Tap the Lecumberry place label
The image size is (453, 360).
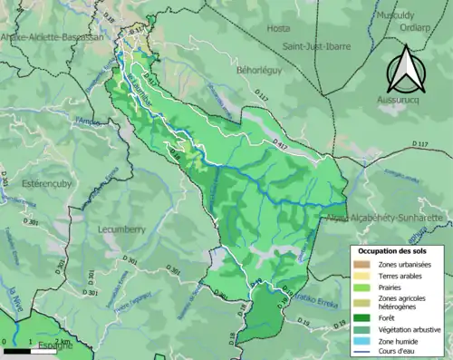[121, 229]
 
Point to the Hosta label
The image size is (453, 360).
[278, 28]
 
